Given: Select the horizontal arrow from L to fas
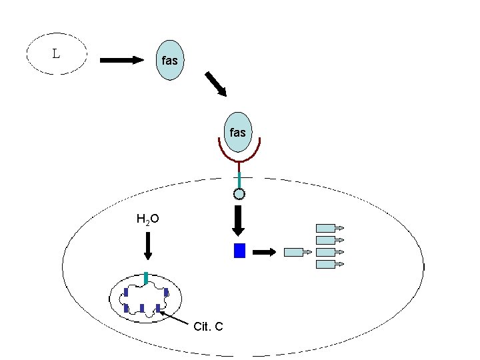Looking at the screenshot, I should pyautogui.click(x=123, y=60).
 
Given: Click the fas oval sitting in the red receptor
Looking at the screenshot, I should pyautogui.click(x=237, y=133).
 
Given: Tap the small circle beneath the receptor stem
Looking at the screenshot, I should pyautogui.click(x=239, y=195).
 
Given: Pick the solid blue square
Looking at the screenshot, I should pyautogui.click(x=240, y=251).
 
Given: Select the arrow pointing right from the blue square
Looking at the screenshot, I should pyautogui.click(x=265, y=251).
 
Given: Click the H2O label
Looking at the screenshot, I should pyautogui.click(x=147, y=219).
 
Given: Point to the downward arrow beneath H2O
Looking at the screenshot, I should pyautogui.click(x=148, y=246).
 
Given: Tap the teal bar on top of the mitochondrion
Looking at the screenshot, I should pyautogui.click(x=146, y=278).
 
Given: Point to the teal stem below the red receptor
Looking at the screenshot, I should pyautogui.click(x=239, y=179).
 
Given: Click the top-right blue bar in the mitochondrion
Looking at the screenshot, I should pyautogui.click(x=166, y=292).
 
